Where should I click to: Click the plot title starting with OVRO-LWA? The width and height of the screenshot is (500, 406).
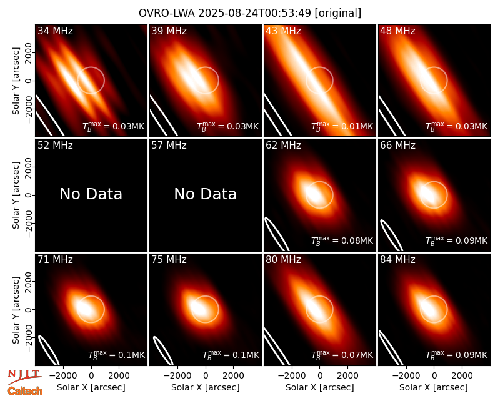[x=250, y=13]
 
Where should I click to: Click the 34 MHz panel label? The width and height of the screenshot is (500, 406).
[x=55, y=31]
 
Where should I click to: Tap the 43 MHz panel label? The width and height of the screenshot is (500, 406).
[x=284, y=31]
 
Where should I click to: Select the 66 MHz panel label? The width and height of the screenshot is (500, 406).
[x=397, y=146]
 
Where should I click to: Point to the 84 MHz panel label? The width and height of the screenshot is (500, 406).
[x=397, y=260]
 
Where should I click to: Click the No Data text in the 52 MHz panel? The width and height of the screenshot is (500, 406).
[x=91, y=194]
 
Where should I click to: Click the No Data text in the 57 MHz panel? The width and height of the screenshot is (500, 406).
[x=206, y=194]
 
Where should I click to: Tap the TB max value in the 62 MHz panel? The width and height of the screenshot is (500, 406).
[x=342, y=240]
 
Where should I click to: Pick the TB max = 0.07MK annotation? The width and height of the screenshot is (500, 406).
[x=342, y=355]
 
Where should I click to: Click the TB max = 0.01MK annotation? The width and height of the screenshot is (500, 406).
[x=342, y=126]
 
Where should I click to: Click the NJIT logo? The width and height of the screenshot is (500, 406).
[x=24, y=376]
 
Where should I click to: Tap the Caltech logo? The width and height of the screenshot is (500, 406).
[x=25, y=391]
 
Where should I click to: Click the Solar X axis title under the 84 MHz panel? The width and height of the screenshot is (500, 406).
[x=434, y=387]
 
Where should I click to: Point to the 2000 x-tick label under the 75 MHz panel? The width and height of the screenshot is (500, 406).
[x=233, y=375]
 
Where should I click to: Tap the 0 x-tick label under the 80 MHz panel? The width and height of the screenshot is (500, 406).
[x=320, y=375]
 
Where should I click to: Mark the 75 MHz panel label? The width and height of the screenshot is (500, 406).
[x=169, y=260]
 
